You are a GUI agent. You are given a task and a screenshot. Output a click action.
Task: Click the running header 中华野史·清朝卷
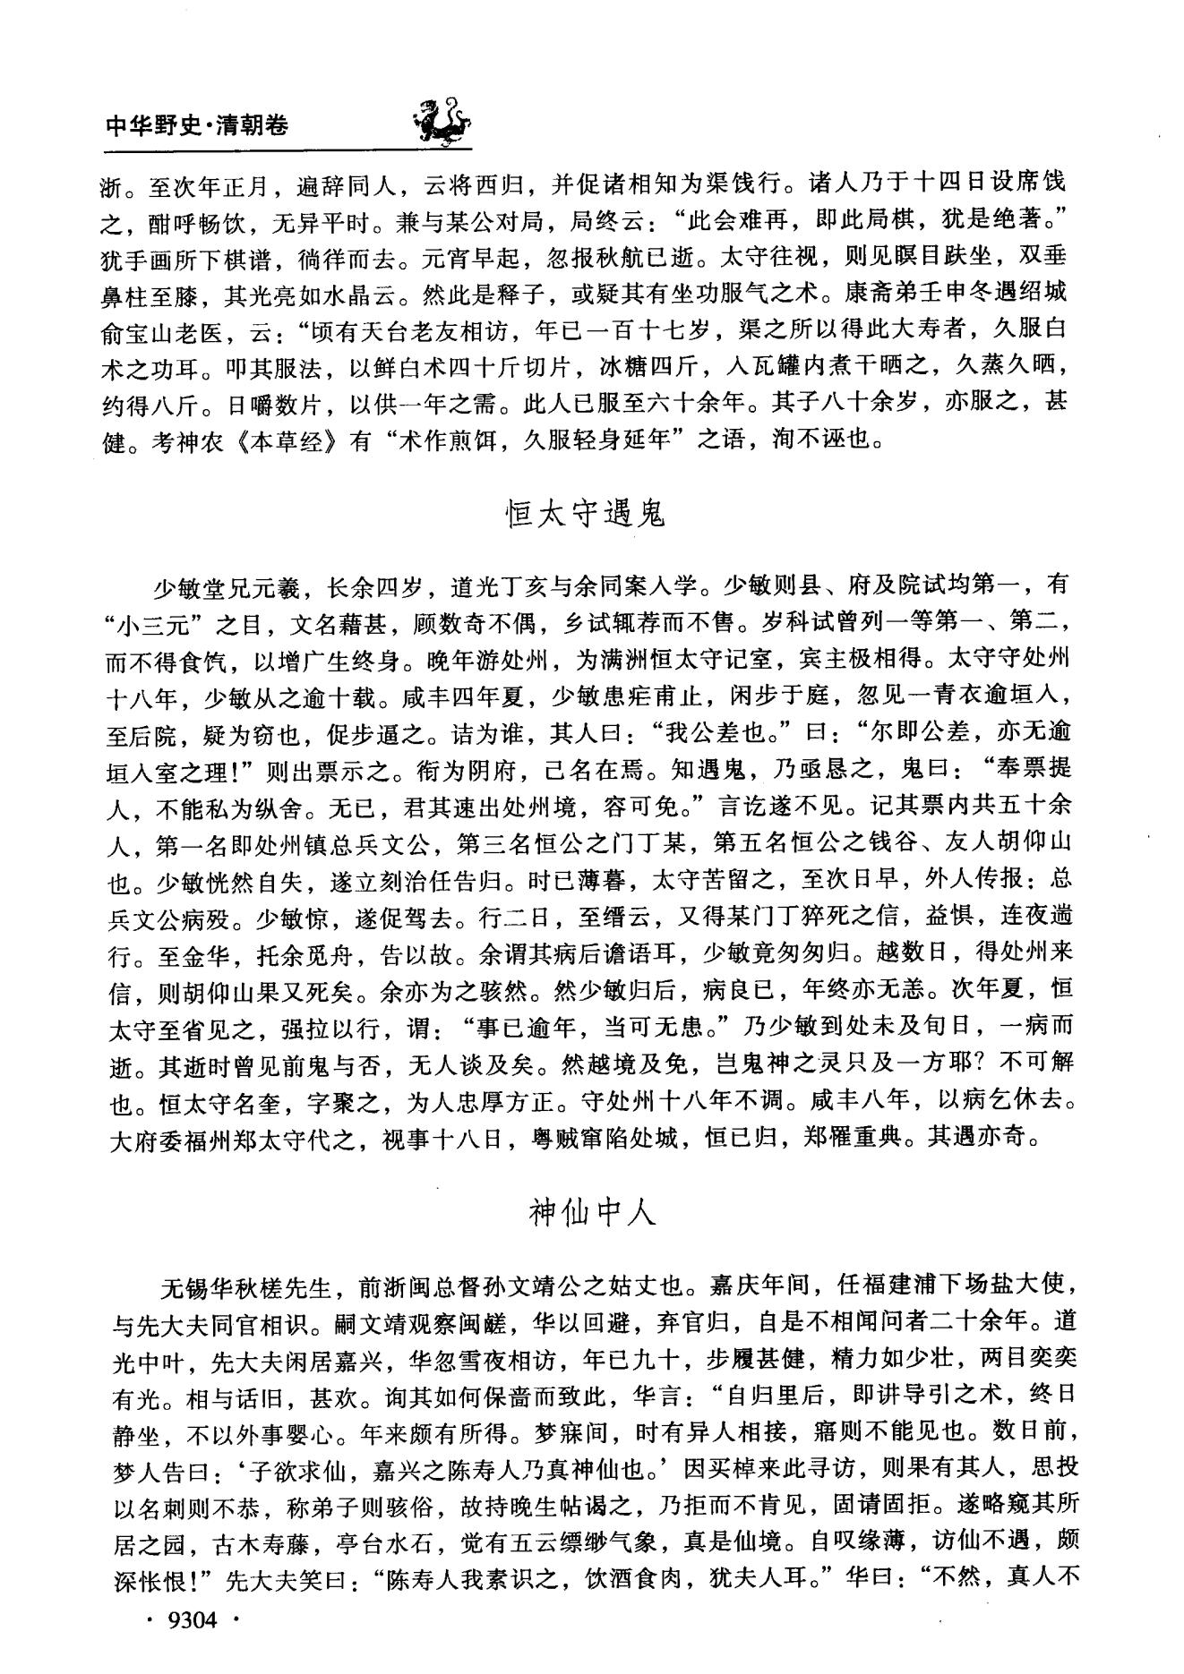coord(197,125)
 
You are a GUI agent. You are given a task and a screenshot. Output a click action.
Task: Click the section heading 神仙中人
coord(593,1213)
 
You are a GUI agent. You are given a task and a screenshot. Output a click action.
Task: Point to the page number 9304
coord(193,1619)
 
